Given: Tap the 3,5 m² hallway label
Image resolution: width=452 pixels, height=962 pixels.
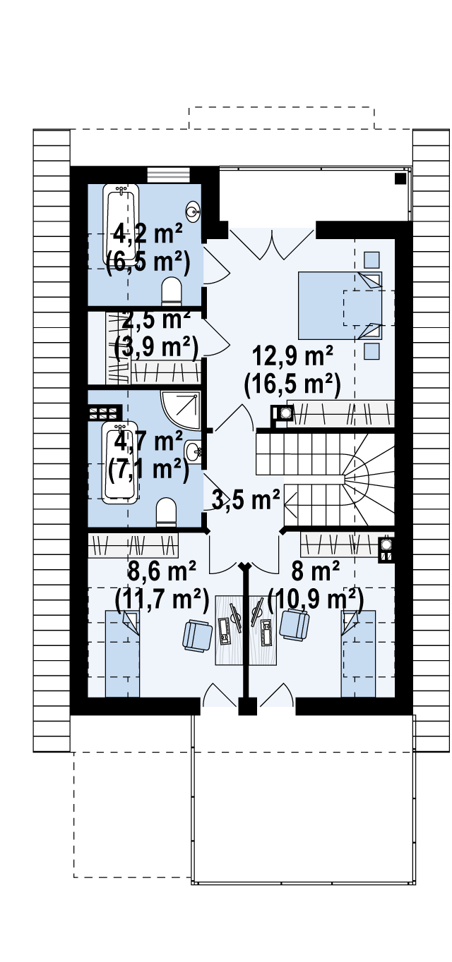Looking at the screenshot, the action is click(245, 499).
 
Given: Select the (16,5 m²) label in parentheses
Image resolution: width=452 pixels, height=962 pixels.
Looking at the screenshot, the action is click(292, 384).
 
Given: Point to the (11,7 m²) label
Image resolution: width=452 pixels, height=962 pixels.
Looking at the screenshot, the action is click(162, 598).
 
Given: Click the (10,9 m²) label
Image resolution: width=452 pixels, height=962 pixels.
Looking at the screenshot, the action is click(315, 598).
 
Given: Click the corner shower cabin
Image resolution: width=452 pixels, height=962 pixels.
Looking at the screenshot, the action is click(181, 410).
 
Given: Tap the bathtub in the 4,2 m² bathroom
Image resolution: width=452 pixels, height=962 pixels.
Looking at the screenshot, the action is click(121, 224).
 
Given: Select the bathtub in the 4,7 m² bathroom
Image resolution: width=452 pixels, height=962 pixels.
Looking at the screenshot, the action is click(121, 463).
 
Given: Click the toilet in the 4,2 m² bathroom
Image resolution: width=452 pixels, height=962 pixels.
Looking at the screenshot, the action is click(172, 291).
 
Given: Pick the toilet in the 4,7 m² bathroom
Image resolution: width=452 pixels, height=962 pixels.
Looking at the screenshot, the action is click(167, 512).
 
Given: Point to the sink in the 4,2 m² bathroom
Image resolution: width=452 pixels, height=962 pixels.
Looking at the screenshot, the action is click(193, 212).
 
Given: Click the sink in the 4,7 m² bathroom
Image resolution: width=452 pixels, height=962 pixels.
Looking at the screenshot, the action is click(194, 452).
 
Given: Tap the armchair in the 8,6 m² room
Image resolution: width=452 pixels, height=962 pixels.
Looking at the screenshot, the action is click(198, 635).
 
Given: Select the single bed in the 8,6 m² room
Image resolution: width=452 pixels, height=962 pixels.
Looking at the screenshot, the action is click(123, 654).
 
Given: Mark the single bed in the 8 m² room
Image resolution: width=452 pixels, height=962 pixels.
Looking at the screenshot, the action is click(358, 654).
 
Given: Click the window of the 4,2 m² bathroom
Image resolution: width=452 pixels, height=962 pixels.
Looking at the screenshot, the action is click(169, 175).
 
